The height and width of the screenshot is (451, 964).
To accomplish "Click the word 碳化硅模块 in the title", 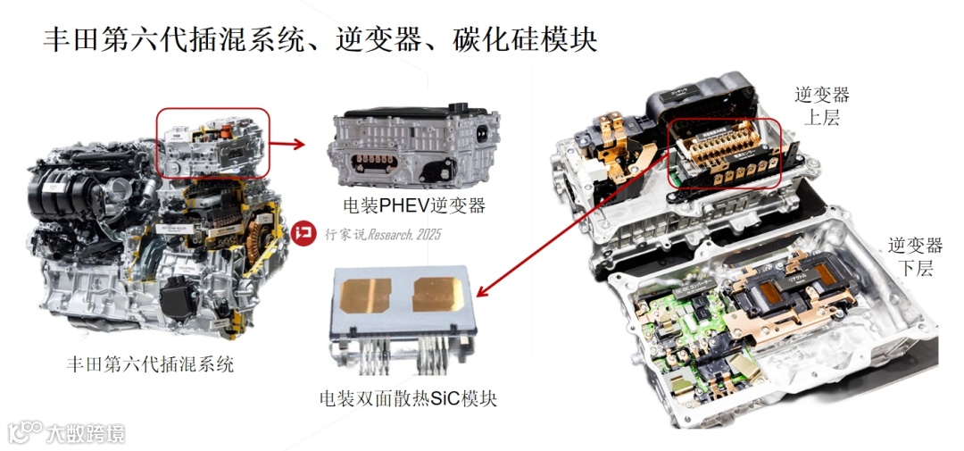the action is [528, 39].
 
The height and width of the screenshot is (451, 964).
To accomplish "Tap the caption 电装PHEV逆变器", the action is [407, 205].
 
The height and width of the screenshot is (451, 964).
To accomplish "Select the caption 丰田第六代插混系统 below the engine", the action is [150, 364].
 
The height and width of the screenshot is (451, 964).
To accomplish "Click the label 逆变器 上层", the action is [821, 105].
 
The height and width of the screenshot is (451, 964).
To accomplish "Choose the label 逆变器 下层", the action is [915, 255].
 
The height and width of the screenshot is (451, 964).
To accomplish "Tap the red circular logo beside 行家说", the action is [303, 235].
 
